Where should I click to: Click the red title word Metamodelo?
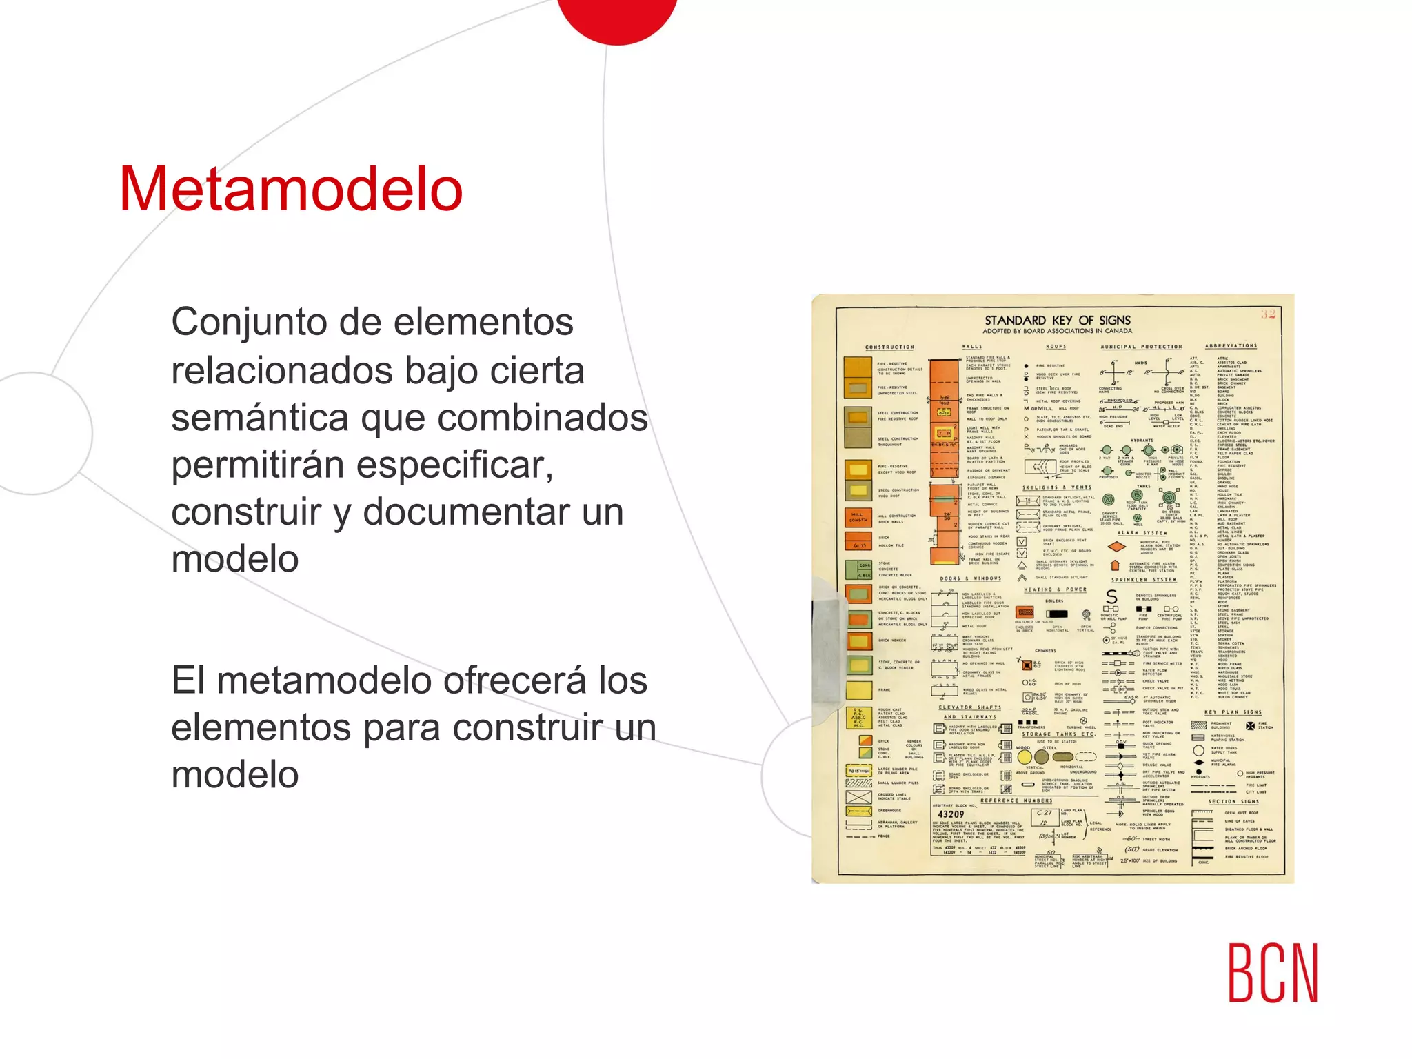[x=290, y=190]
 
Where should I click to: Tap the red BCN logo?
[x=1273, y=973]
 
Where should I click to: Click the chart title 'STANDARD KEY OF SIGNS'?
[x=1057, y=320]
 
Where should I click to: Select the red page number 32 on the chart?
[x=1268, y=314]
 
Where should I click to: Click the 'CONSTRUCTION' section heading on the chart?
[x=889, y=347]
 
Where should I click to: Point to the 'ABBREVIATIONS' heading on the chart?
[x=1231, y=346]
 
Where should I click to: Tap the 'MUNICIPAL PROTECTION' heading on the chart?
[x=1141, y=347]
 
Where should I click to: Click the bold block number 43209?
[x=951, y=814]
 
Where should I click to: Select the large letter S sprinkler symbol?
[x=1111, y=596]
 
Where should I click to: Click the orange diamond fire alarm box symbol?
[x=1116, y=547]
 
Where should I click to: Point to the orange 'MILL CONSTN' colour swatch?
[x=858, y=517]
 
